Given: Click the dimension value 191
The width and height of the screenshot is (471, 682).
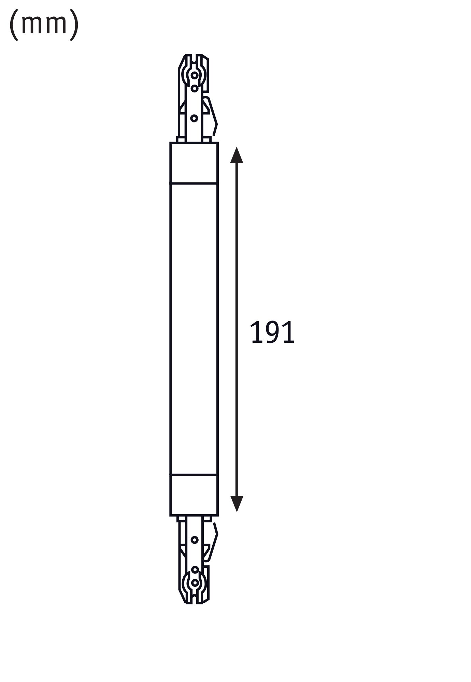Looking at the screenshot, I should (272, 333).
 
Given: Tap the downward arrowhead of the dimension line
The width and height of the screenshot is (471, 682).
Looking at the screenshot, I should (237, 503).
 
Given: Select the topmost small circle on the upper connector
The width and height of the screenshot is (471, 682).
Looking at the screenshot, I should (195, 75).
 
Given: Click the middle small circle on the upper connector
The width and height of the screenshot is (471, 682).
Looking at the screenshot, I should (195, 89).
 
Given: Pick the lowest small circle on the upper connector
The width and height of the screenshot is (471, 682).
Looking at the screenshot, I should (194, 118).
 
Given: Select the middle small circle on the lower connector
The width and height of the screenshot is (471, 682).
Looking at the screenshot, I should (195, 569).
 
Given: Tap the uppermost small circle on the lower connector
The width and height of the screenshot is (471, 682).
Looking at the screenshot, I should (195, 540).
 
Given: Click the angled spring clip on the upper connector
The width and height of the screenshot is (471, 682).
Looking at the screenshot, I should (212, 116).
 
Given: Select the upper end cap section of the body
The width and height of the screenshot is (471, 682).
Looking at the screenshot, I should (194, 163).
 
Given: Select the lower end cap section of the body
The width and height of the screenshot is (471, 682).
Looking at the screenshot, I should (194, 494).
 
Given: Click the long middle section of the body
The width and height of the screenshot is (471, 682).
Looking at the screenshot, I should (194, 327).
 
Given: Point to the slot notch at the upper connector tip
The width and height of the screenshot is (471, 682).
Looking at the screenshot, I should (194, 59).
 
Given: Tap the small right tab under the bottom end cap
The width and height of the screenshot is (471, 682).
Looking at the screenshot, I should (207, 519).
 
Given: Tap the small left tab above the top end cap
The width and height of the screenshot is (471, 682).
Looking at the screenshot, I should (181, 139).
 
